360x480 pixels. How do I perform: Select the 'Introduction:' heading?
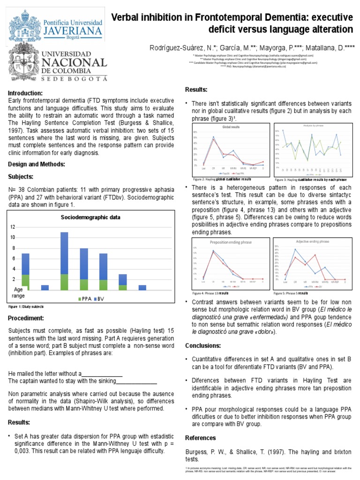pos(25,93)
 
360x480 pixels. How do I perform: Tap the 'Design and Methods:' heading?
pos(36,164)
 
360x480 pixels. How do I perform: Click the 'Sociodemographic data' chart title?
pos(91,217)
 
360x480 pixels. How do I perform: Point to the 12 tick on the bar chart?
pos(13,227)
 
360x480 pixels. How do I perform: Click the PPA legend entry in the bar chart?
pos(84,298)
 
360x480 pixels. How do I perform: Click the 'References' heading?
pos(201,438)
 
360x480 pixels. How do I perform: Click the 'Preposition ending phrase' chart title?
pos(231,242)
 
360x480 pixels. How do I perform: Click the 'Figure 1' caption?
pos(26,307)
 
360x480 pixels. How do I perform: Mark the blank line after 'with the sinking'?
pos(136,381)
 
